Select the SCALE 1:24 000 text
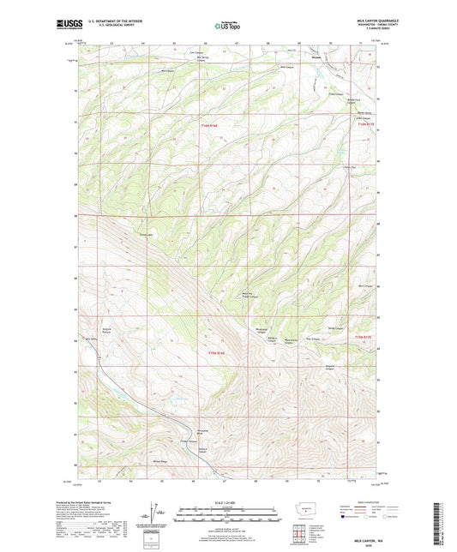pos(227,502)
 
